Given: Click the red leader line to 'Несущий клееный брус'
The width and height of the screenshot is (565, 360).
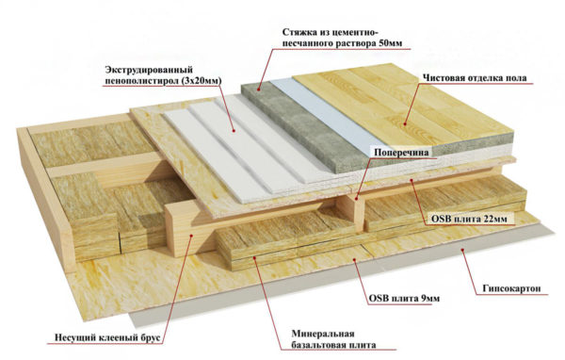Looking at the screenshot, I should pyautogui.click(x=160, y=292).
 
